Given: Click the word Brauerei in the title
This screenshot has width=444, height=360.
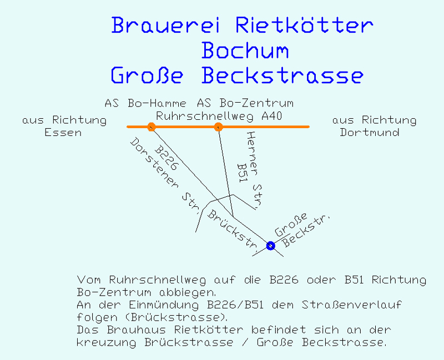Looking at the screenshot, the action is point(165,25).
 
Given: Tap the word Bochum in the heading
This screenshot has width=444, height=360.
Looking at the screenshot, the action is point(245,50).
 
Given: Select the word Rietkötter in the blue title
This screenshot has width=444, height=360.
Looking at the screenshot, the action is point(304,24).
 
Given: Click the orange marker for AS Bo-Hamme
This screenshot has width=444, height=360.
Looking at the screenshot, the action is point(152,127).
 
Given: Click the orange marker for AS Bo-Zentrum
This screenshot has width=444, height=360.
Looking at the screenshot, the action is point(218,127).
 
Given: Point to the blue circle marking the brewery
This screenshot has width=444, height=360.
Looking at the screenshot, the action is point(270,246).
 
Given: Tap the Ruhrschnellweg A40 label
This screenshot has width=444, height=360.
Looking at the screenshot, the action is point(219,116).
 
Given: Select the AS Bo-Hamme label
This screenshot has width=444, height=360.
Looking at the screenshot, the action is point(145,103).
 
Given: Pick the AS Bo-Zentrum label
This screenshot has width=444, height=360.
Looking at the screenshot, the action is point(245,103).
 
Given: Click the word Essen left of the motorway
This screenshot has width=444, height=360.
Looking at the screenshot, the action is point(63,132).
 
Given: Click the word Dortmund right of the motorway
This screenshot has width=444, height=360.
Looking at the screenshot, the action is point(370,132).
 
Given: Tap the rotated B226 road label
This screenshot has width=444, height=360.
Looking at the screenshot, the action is point(167,158).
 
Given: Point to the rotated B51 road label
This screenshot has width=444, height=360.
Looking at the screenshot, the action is point(243,173).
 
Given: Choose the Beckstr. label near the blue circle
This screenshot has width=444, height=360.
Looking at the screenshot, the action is point(306,231).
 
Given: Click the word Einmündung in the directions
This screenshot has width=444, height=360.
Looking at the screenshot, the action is point(164,305).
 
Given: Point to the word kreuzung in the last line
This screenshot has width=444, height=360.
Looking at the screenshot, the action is point(107,342).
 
